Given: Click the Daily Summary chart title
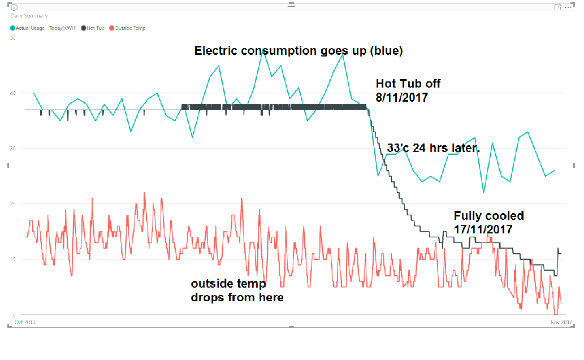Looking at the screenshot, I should (29, 16).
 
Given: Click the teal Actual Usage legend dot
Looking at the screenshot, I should (13, 28).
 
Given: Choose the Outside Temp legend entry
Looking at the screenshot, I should (129, 28).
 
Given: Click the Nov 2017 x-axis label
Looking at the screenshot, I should (563, 322).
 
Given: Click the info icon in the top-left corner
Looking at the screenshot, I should (14, 7).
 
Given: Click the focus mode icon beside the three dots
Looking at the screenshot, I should (557, 7).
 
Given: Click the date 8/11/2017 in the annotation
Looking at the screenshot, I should (401, 97).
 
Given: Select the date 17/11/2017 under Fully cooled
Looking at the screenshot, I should (483, 229).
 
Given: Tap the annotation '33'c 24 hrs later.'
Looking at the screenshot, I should (433, 148).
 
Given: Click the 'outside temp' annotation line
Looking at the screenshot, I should (228, 283).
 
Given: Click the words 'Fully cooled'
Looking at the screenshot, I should (488, 215).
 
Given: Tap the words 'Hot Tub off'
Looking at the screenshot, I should (408, 83).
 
